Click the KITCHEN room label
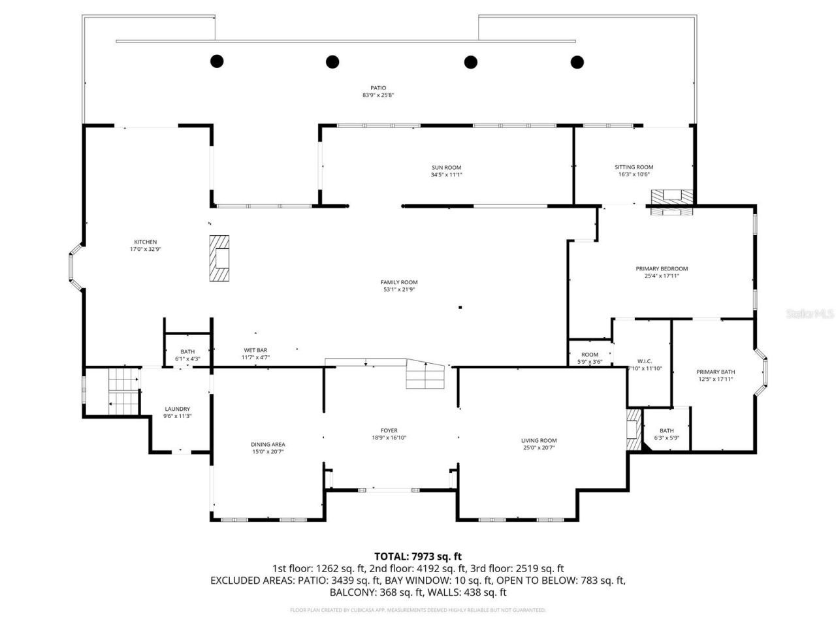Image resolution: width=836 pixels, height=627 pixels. coord(145,242)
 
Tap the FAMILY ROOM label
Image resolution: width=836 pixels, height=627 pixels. coord(398,282)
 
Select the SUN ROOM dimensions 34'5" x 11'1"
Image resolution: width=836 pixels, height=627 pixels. coord(445,175)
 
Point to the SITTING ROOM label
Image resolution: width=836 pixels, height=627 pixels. coord(634,167)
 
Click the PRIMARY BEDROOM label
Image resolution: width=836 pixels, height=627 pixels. coord(662,268)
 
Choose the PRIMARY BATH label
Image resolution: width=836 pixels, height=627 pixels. coord(715,372)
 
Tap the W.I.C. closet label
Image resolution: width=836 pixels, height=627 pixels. coord(644,361)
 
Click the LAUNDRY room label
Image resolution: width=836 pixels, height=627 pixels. coord(177,409)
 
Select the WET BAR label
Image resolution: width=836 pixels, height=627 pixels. coord(255,350)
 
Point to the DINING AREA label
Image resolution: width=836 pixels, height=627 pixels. coord(268,444)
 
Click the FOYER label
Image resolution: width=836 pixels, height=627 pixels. coord(389,430)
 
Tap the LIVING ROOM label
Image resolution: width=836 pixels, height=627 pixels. coord(539,440)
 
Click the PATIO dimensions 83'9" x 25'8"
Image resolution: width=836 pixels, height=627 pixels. coord(378,95)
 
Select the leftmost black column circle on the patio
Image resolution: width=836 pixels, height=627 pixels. coord(217,61)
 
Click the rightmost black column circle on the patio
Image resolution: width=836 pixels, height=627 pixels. coord(577,62)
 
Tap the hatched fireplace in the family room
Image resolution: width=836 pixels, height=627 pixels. coord(220,259)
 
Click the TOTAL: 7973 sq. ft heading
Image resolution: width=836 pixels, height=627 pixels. coord(417,556)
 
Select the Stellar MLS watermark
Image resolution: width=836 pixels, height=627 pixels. coord(809,314)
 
